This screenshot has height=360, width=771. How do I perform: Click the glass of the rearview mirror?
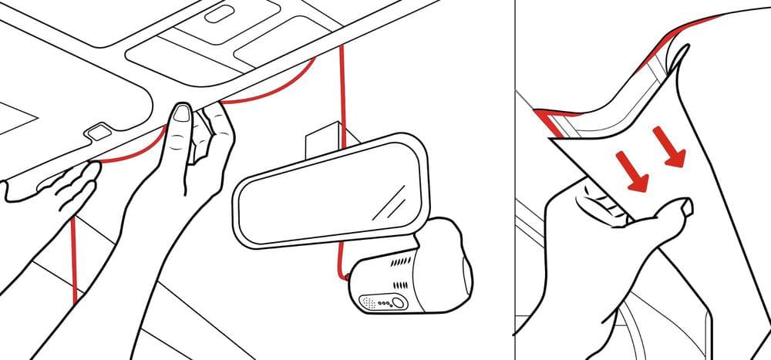(x=324, y=193)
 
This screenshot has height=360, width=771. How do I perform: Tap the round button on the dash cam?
(x=398, y=303)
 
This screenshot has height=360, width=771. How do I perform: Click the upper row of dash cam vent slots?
(x=401, y=262)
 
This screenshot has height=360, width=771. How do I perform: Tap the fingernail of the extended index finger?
(x=181, y=116)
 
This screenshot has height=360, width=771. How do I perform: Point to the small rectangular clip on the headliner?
(x=98, y=131)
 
